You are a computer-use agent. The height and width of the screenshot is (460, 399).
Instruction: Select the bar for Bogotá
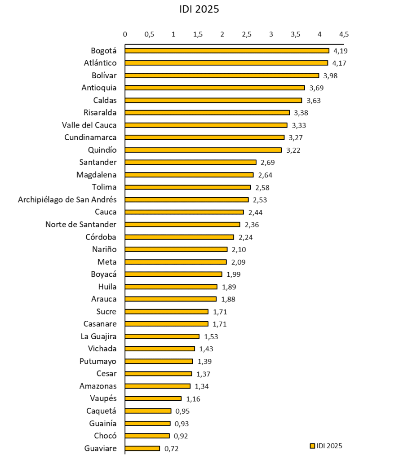coord(227,51)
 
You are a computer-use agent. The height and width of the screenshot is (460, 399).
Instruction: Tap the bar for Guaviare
coord(142,448)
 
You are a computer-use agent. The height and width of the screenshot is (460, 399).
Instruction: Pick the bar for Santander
coord(191,162)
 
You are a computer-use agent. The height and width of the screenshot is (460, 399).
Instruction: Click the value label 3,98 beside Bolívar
coord(330,75)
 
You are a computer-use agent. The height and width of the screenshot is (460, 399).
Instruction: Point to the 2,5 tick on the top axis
coord(246,34)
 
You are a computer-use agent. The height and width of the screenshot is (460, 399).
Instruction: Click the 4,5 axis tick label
coord(344,34)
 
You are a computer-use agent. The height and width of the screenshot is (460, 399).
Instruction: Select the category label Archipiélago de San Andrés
coord(67,199)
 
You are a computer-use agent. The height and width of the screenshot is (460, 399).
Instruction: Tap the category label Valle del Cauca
coord(89,125)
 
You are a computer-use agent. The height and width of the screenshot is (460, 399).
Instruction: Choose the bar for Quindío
coord(203,150)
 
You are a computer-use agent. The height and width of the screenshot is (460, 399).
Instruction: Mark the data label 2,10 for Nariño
coord(239,249)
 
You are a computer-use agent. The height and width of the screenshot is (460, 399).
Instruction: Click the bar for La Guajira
coord(162,336)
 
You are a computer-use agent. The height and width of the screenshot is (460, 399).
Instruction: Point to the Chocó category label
coord(105,435)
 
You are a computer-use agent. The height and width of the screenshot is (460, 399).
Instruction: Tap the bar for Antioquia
coord(215,88)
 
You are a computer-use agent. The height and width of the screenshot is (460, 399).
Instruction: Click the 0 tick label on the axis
coord(125,34)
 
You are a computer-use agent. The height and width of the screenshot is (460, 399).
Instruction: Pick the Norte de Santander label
coord(81,224)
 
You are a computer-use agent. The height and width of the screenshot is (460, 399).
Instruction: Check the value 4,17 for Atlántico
coord(340,63)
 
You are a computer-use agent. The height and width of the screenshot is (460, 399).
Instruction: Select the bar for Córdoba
coord(180,237)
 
